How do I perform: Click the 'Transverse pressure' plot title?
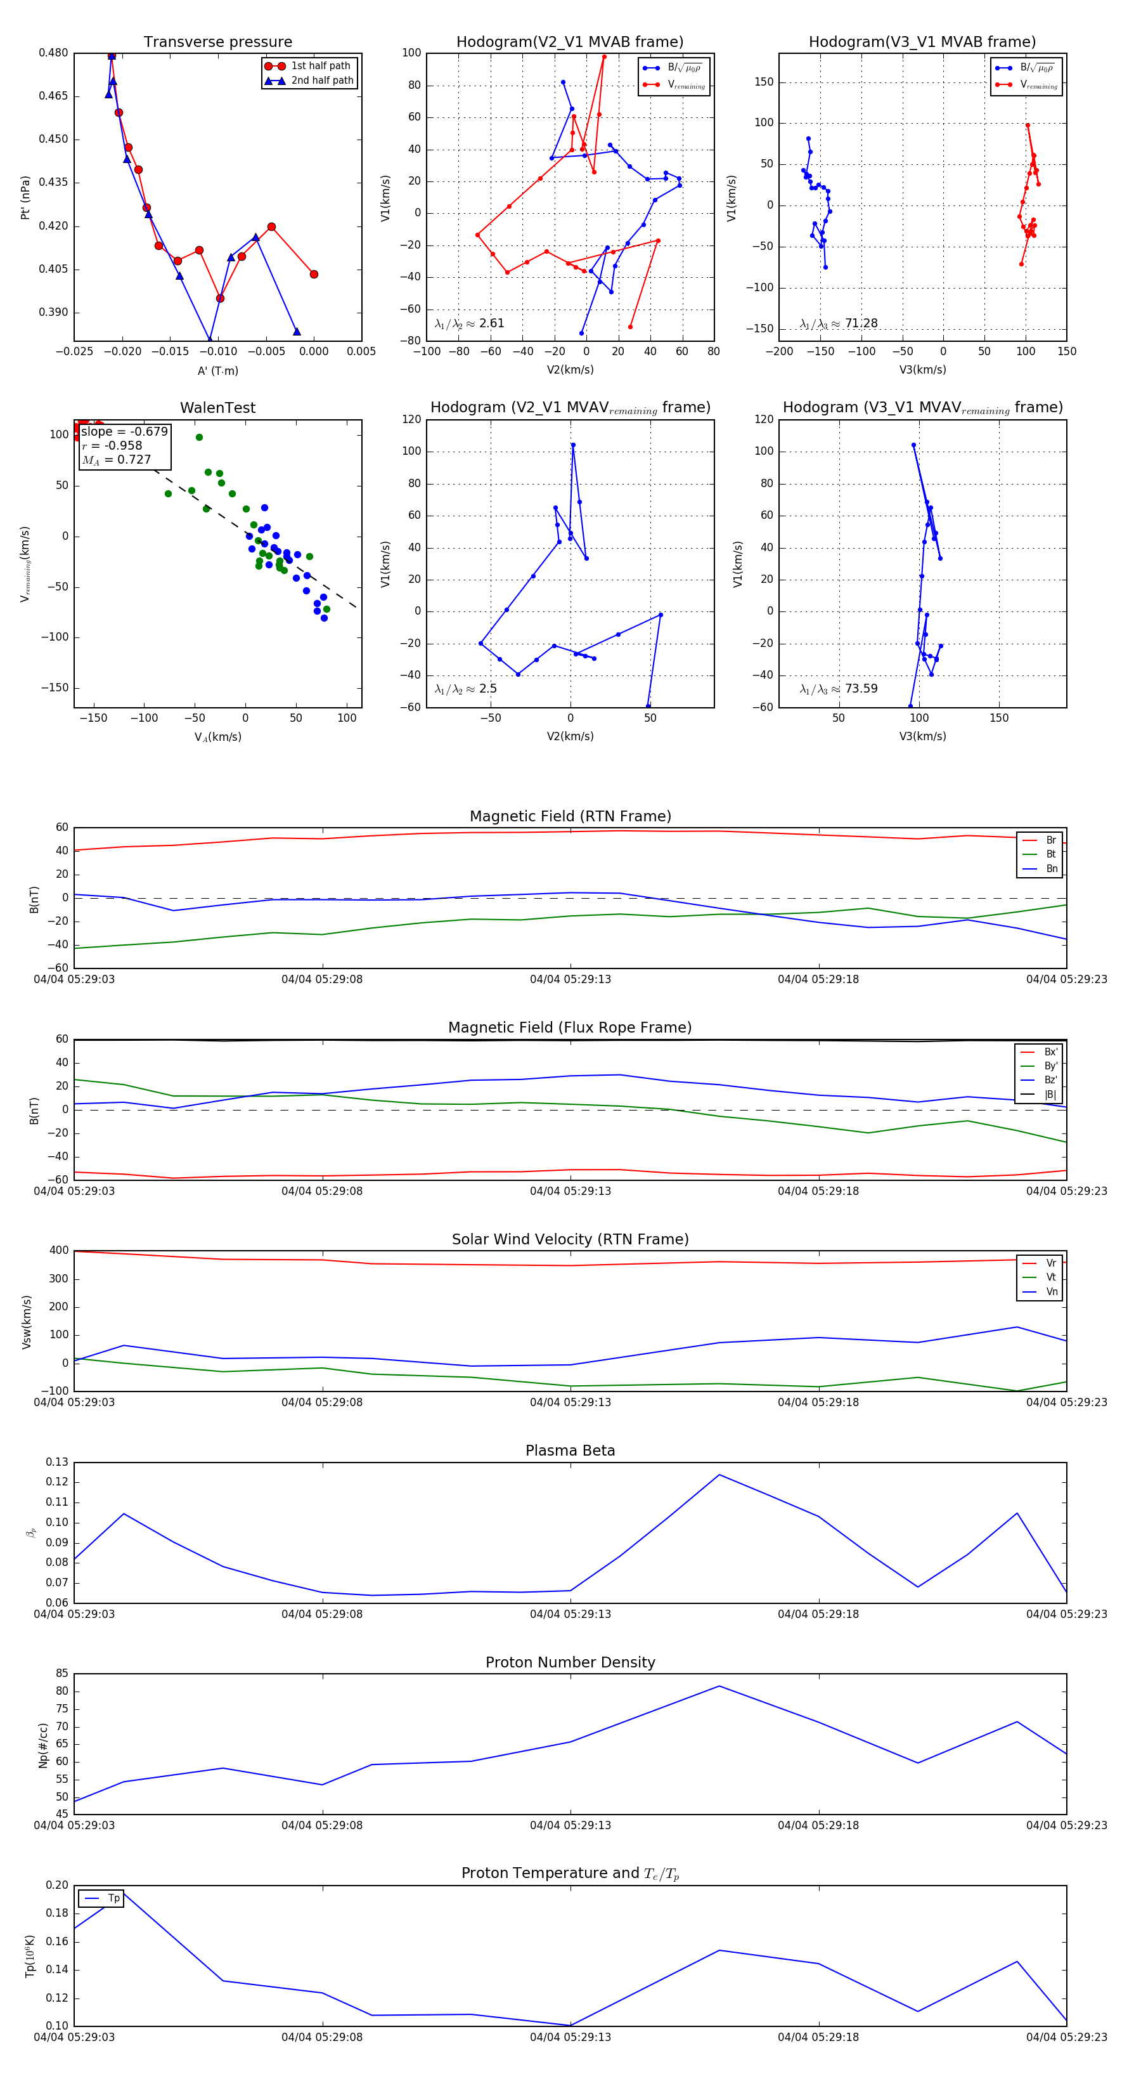(x=217, y=42)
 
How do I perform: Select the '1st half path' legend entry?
(x=320, y=66)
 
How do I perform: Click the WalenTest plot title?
(x=217, y=408)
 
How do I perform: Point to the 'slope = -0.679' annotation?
(x=124, y=431)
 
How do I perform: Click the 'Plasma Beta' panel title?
(x=570, y=1451)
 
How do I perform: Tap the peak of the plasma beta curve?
(x=719, y=1475)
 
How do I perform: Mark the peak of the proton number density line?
(x=719, y=1686)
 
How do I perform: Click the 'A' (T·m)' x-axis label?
(x=217, y=370)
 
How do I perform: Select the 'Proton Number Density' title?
(x=570, y=1662)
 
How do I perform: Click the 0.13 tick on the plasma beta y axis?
(x=57, y=1463)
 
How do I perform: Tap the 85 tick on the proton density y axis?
(x=61, y=1674)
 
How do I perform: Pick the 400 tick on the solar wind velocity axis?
(x=58, y=1251)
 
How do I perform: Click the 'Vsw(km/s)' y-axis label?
(x=27, y=1322)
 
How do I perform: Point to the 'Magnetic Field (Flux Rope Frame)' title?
(x=570, y=1028)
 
